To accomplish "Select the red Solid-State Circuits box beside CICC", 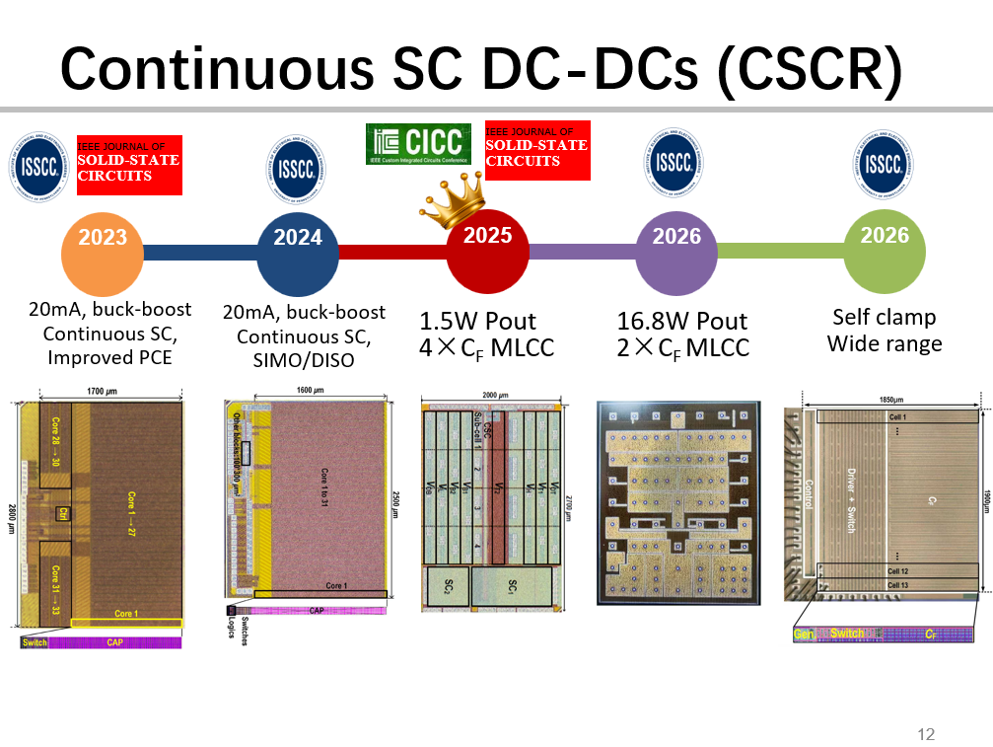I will (x=536, y=150).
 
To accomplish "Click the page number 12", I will (x=925, y=734).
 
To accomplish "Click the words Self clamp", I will (x=884, y=318).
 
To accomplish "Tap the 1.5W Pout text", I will (x=478, y=322).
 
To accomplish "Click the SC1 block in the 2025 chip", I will (x=513, y=587).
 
